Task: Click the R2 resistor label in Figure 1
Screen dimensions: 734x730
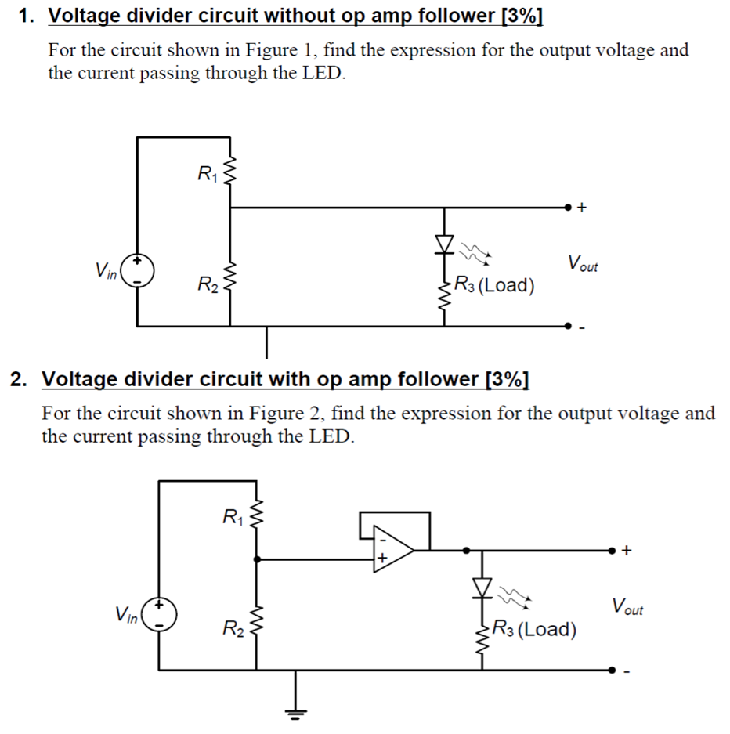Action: tap(207, 283)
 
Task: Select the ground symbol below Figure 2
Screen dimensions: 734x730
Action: tap(296, 711)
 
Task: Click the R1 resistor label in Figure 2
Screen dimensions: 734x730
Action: tap(233, 516)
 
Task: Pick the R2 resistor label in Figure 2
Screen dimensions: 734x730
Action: tap(233, 627)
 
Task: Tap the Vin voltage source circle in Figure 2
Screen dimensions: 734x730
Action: tap(160, 616)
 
